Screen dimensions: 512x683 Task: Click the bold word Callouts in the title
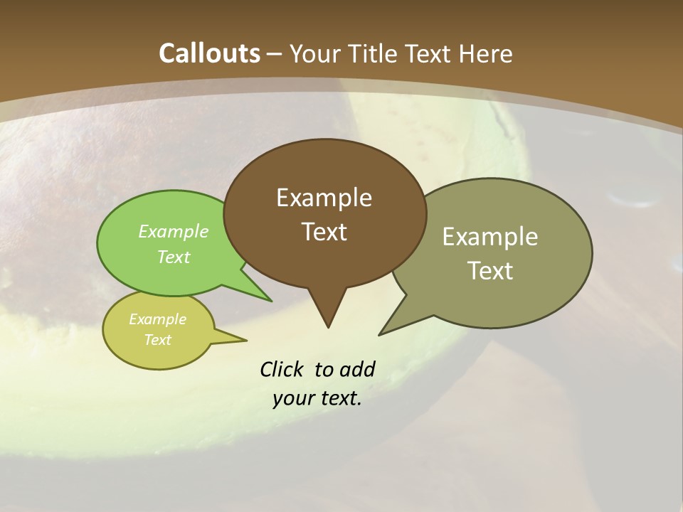pyautogui.click(x=210, y=53)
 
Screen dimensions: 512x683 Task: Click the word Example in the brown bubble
pyautogui.click(x=324, y=198)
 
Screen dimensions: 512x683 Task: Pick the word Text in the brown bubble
pyautogui.click(x=324, y=232)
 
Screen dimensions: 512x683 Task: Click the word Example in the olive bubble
pyautogui.click(x=490, y=237)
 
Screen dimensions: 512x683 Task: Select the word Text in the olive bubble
pyautogui.click(x=490, y=271)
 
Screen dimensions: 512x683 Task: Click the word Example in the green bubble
pyautogui.click(x=174, y=231)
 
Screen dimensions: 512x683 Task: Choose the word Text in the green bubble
pyautogui.click(x=174, y=257)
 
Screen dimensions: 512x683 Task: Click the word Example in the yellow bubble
pyautogui.click(x=157, y=319)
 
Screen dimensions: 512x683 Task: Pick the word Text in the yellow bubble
pyautogui.click(x=158, y=340)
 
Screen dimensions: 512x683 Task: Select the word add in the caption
pyautogui.click(x=356, y=369)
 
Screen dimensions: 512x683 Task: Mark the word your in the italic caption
pyautogui.click(x=292, y=399)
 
